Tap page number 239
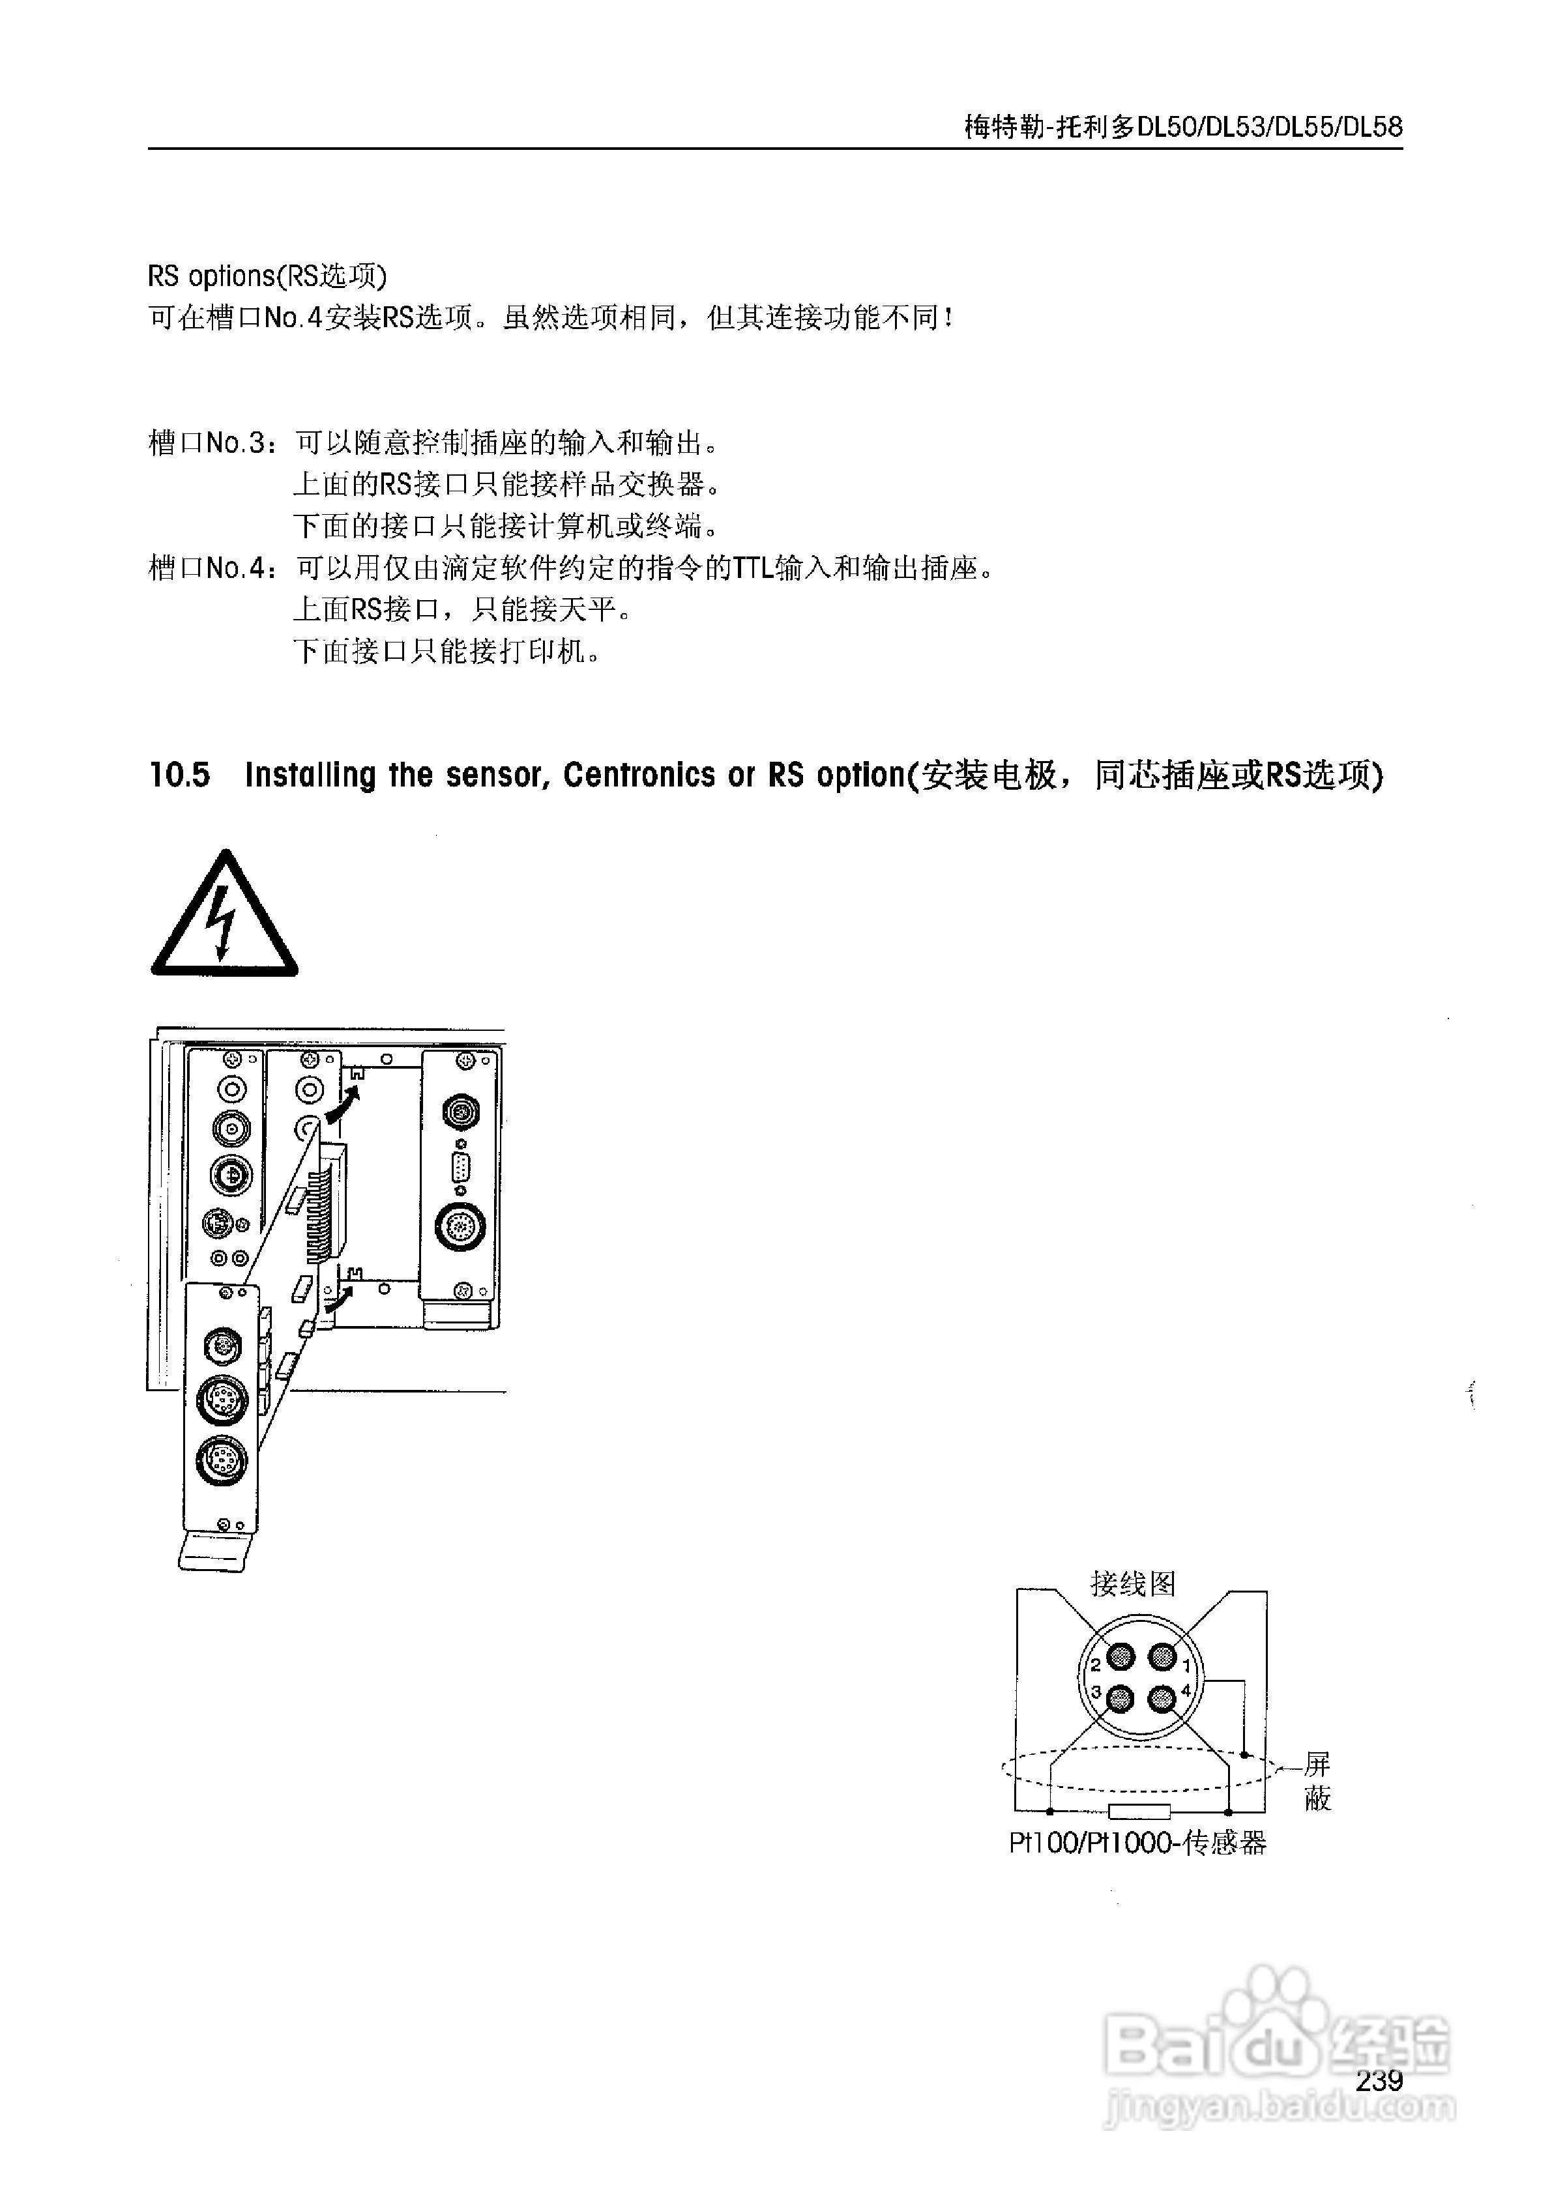1378,2080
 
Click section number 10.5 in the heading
180,775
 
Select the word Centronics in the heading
637,775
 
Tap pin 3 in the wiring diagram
1119,1699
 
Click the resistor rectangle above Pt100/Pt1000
1139,1811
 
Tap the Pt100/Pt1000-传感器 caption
1137,1843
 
